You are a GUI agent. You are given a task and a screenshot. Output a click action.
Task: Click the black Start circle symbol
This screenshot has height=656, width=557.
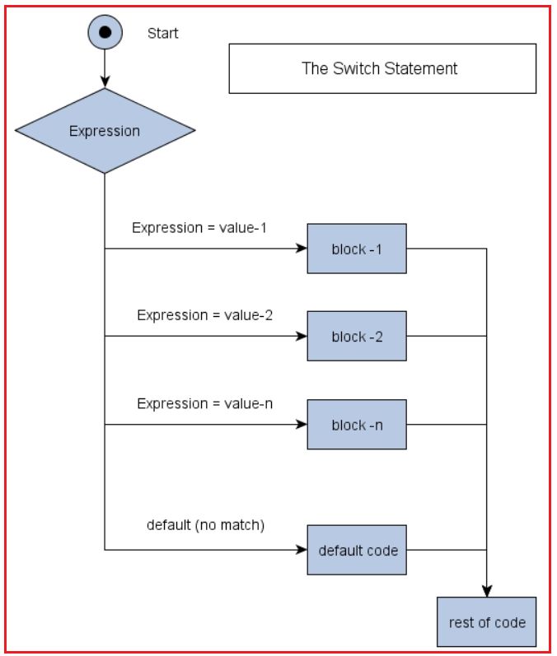105,33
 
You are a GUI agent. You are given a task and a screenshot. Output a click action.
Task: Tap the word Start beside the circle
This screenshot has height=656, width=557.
162,34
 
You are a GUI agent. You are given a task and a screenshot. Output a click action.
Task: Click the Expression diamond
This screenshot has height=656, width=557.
105,131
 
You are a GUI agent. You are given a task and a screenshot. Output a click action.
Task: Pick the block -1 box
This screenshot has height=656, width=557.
356,249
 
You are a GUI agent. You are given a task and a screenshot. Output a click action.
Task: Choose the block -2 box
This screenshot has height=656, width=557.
356,336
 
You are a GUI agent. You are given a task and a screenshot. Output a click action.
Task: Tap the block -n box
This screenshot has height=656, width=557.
356,425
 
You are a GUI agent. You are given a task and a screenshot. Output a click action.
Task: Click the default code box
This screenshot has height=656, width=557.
356,550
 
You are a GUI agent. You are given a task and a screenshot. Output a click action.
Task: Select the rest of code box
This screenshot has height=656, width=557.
486,622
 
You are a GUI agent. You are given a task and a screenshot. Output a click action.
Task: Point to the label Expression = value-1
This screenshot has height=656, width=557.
199,227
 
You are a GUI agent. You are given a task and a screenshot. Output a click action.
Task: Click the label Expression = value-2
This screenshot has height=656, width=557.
204,315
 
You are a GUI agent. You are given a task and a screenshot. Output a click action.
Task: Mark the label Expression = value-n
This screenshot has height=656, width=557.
204,403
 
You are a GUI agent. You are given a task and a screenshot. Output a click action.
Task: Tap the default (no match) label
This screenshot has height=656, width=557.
205,524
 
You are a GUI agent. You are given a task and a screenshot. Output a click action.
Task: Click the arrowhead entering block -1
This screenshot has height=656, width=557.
302,249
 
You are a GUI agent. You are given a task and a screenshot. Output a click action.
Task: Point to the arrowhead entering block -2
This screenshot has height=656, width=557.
302,336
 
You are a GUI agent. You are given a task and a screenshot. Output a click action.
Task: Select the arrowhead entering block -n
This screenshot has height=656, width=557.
302,425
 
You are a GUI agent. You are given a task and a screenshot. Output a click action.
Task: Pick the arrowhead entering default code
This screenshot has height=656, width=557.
302,550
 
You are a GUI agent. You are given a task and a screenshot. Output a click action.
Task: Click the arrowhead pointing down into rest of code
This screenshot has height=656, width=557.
486,591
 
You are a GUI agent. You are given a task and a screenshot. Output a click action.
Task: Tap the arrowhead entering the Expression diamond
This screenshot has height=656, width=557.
105,82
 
